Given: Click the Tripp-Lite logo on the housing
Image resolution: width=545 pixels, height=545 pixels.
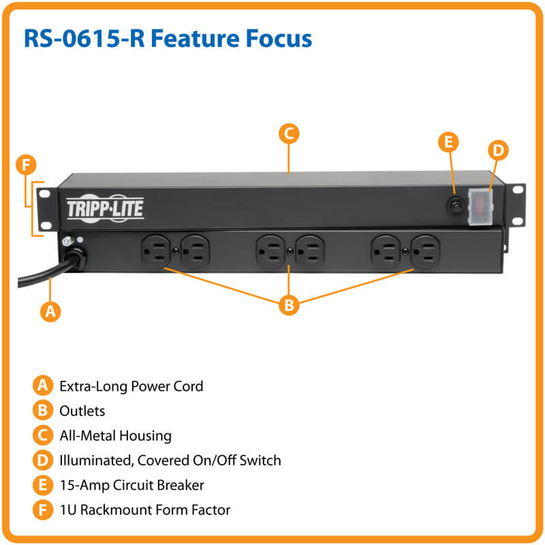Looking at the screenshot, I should point(105,208).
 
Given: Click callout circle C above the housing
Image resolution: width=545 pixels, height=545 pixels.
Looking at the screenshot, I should point(289,134).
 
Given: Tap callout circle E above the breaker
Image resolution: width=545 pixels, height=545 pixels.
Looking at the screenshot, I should point(448,142).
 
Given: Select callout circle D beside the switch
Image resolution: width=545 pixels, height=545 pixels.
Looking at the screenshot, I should point(499,149).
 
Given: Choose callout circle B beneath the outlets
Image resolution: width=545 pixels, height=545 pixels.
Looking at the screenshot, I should point(289,305).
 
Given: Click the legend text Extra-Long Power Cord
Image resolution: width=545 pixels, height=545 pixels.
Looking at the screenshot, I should point(131,386).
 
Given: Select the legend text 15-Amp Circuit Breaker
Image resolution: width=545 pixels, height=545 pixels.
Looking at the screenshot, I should point(131,485).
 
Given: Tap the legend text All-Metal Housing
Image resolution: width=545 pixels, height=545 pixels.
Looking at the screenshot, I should point(115,435).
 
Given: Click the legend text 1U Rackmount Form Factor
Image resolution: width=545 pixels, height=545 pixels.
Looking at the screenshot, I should point(144,510).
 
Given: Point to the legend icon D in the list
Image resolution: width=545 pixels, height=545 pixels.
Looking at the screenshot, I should point(42,461).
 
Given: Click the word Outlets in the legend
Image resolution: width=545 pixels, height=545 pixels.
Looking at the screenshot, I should point(82,411).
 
